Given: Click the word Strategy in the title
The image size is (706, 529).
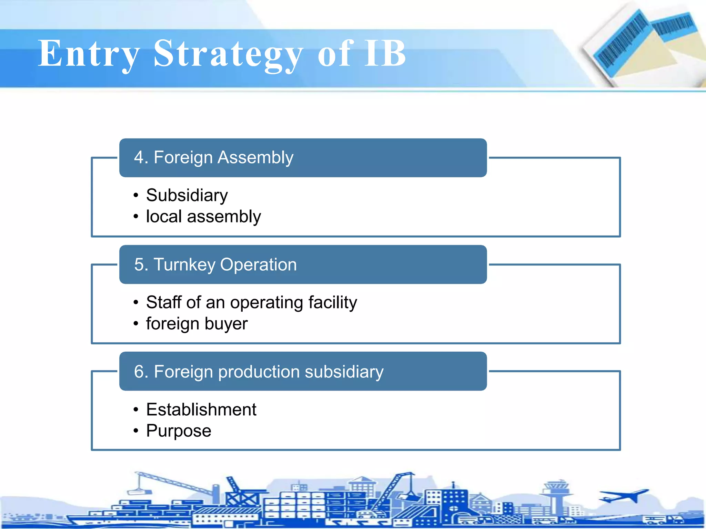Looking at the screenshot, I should [x=228, y=54].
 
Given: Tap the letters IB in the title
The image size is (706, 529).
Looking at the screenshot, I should [x=385, y=53].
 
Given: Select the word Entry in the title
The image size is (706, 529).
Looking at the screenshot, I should [x=89, y=54].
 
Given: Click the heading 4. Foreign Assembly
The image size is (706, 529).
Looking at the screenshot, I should [x=214, y=157].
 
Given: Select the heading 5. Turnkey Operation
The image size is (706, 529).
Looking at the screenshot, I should [x=215, y=264].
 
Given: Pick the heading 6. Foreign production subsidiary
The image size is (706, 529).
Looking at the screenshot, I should [x=259, y=372].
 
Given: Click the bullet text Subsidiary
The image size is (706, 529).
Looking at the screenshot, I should [x=187, y=195].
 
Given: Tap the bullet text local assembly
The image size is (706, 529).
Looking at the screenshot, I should [x=203, y=217].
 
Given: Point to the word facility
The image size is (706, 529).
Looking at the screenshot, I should [x=333, y=303].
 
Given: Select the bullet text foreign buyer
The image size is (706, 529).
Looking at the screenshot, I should [x=197, y=324].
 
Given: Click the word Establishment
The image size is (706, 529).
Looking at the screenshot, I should [x=201, y=409].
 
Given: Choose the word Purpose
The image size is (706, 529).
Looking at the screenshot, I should [x=179, y=431].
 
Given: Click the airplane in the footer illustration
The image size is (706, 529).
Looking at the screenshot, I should [x=624, y=496].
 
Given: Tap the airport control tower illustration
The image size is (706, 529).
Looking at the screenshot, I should [x=555, y=496].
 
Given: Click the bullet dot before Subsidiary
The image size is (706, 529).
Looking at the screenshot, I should [x=136, y=196].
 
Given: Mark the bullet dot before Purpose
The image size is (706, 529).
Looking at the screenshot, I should [x=136, y=431].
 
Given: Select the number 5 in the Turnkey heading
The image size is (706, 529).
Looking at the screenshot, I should [x=139, y=264].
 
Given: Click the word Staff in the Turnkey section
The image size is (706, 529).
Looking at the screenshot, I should [x=164, y=302].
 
